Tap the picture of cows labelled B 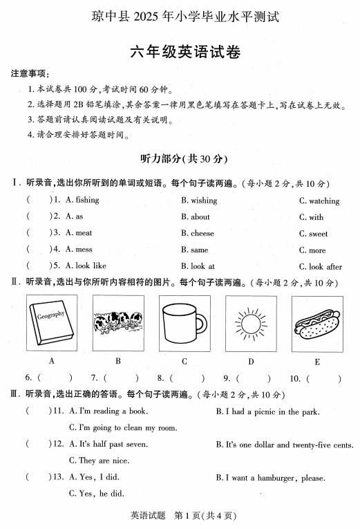(x=118, y=322)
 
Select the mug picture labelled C (x=184, y=322)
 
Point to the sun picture (x=250, y=322)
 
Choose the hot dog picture (x=316, y=322)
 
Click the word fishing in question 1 (x=87, y=201)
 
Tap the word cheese (x=202, y=233)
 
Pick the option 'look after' (x=325, y=266)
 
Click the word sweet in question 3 (x=319, y=234)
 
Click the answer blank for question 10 (x=325, y=378)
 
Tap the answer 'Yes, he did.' (x=102, y=494)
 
